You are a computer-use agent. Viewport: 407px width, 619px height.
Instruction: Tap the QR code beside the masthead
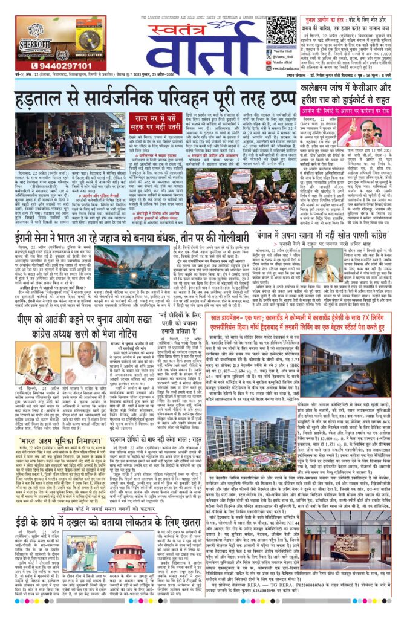pyautogui.click(x=281, y=30)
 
